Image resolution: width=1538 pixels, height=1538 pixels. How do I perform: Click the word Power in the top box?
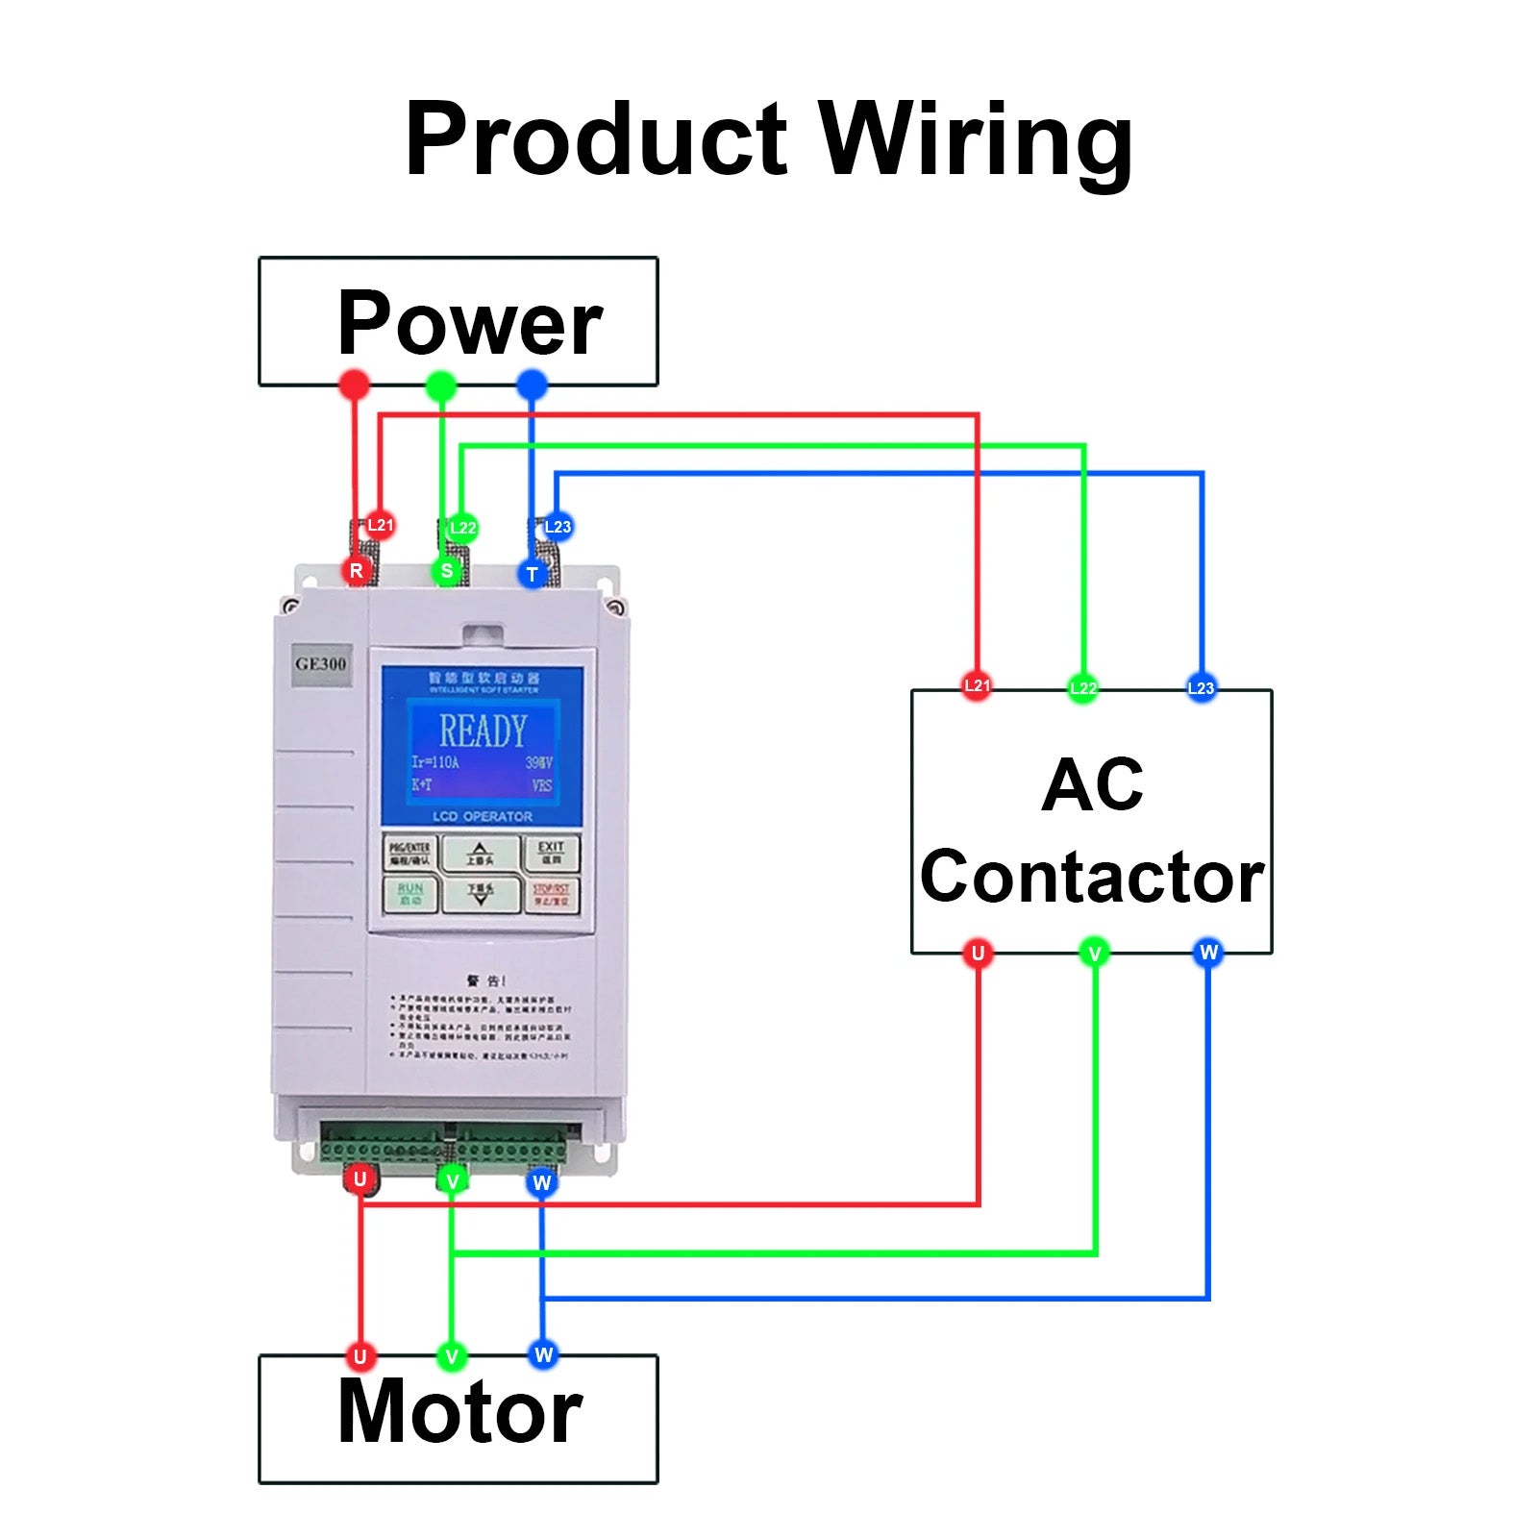(x=469, y=323)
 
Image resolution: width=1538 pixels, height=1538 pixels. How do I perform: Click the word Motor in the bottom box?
(x=459, y=1411)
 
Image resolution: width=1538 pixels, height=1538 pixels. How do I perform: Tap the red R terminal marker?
(x=357, y=570)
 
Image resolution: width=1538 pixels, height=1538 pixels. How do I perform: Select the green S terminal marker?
(x=446, y=571)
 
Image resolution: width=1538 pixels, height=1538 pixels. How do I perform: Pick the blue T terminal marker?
(x=532, y=574)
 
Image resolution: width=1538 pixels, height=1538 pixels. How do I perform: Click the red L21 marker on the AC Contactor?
(x=977, y=685)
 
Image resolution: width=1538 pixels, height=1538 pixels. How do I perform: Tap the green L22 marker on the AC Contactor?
(x=1083, y=688)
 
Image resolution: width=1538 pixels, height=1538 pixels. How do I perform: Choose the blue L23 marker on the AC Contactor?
(x=1201, y=687)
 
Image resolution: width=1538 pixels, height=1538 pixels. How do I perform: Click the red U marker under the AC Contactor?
(x=978, y=953)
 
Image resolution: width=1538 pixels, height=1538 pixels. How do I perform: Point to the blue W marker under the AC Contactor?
(x=1208, y=952)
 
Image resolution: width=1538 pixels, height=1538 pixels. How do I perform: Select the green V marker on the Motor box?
(x=451, y=1356)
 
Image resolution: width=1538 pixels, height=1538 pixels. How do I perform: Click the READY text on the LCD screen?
(x=483, y=732)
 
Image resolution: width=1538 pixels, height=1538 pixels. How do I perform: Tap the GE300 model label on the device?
(x=321, y=664)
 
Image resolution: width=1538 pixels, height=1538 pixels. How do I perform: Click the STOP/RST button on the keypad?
(x=552, y=894)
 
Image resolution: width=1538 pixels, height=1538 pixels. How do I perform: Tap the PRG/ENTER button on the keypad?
(x=410, y=853)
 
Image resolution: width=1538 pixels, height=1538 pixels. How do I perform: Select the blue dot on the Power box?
(x=532, y=385)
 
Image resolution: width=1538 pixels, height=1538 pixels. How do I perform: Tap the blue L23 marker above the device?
(x=557, y=527)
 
